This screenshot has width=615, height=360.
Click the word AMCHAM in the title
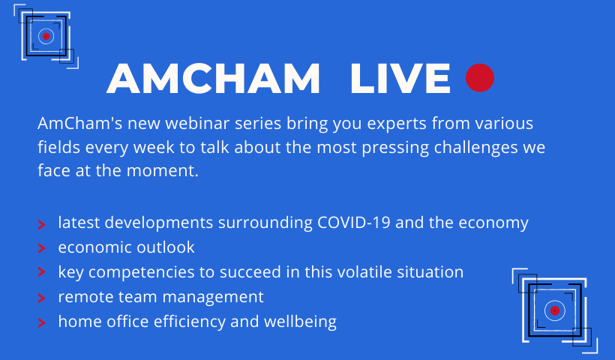213,79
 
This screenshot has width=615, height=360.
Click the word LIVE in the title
400,79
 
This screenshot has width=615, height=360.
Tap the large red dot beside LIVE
480,78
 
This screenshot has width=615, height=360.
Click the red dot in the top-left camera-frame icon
46,36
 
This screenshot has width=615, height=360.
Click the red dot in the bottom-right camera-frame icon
554,310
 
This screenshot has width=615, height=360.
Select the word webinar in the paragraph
197,123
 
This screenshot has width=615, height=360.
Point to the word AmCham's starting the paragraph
80,123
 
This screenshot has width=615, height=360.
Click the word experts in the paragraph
397,124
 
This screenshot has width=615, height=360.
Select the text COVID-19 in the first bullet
354,222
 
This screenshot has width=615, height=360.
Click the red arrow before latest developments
41,225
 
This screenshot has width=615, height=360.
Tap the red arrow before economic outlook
41,248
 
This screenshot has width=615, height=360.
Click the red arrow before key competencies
41,272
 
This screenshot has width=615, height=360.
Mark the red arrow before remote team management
41,298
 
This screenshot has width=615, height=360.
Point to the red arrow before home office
41,322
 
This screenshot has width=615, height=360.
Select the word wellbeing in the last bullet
301,322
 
